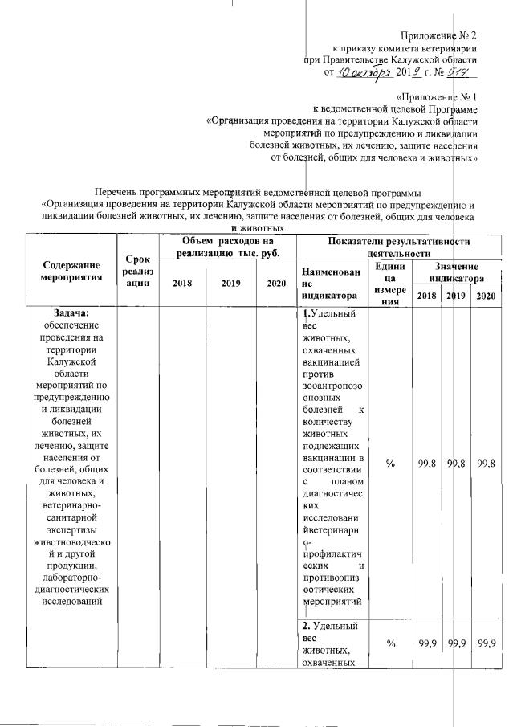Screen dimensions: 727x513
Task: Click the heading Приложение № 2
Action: click(x=439, y=35)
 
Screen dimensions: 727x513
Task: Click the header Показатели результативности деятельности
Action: click(x=398, y=247)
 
